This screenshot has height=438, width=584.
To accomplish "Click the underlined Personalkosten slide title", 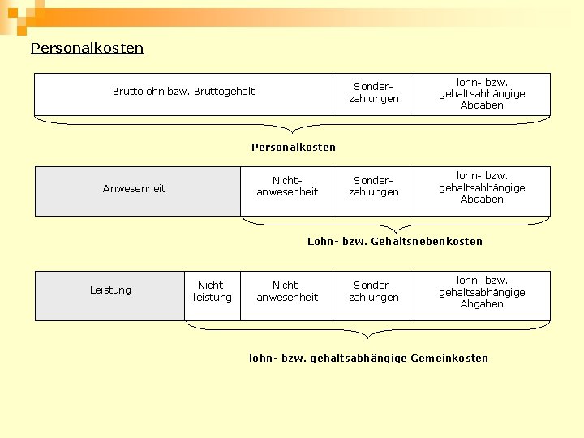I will click(87, 48).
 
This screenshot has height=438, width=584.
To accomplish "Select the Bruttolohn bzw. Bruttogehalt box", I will click(183, 94).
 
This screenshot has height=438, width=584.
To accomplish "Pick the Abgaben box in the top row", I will click(482, 94).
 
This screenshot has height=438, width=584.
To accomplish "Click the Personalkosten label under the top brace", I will click(293, 147).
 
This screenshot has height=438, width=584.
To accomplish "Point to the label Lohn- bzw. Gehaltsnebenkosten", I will click(394, 241).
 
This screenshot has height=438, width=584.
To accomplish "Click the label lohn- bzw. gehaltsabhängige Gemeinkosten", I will click(368, 358).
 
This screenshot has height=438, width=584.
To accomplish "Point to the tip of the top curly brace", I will click(293, 132).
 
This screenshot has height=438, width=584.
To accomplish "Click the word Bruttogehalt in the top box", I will click(223, 91).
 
